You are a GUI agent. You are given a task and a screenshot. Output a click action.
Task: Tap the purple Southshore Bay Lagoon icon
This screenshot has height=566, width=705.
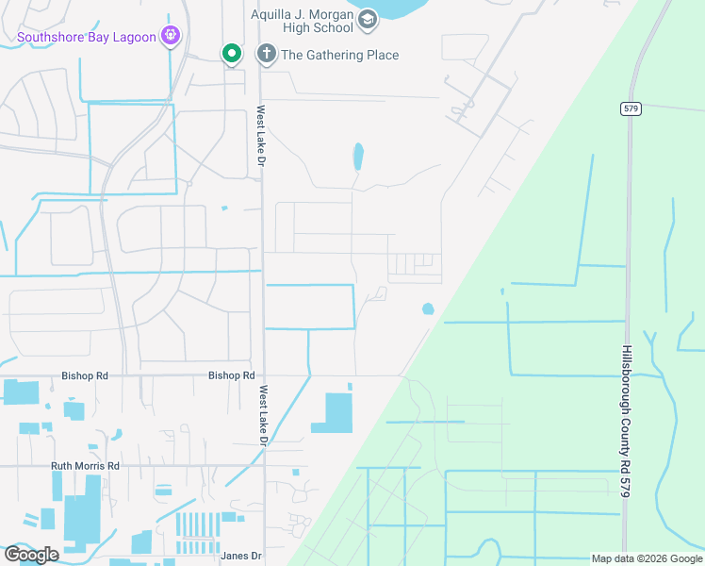[170, 37]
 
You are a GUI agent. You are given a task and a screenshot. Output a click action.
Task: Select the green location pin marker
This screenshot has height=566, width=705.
[231, 54]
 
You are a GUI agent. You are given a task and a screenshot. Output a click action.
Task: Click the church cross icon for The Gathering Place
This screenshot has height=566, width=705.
[266, 54]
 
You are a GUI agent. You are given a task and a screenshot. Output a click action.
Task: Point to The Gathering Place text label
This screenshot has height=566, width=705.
[339, 55]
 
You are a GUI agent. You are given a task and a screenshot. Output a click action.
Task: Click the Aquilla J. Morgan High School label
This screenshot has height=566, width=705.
[301, 22]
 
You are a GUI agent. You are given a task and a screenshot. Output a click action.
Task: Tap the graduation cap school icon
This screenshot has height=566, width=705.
[367, 20]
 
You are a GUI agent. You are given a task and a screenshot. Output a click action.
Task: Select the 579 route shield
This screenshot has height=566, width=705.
[631, 108]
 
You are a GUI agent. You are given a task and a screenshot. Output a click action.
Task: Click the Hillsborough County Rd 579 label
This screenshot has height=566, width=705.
[626, 421]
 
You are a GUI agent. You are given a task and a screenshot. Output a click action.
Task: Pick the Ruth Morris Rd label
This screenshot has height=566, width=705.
[86, 466]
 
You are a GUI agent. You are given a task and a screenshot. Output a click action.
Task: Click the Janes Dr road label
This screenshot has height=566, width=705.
[240, 556]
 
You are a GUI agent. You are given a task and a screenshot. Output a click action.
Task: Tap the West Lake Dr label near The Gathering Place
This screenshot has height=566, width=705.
[260, 138]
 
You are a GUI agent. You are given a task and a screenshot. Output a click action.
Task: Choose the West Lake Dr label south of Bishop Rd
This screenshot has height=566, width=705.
[264, 416]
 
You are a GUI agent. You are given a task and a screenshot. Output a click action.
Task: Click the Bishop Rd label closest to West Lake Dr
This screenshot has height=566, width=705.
[232, 375]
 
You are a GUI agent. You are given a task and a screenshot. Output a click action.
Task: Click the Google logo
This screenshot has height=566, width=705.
[31, 555]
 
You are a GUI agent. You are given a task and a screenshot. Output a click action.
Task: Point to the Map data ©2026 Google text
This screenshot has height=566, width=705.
[646, 558]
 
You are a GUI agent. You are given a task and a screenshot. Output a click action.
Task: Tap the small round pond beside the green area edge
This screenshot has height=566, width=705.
[428, 308]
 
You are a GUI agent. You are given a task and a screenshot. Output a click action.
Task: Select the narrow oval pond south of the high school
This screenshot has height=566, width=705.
[357, 156]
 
